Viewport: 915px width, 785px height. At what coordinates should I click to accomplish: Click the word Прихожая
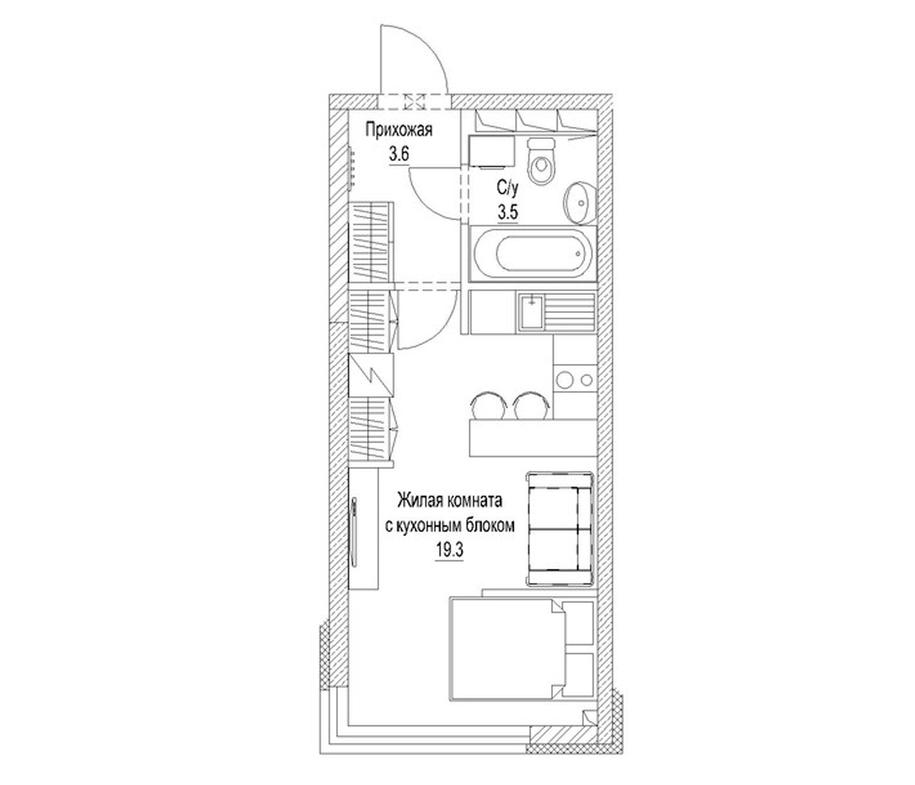pyautogui.click(x=399, y=131)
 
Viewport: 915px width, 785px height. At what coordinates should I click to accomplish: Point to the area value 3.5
pyautogui.click(x=508, y=213)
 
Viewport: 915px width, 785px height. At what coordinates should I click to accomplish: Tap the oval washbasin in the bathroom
pyautogui.click(x=580, y=203)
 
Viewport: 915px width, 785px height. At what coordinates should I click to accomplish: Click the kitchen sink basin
pyautogui.click(x=531, y=313)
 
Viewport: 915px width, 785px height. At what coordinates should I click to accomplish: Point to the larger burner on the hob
pyautogui.click(x=565, y=380)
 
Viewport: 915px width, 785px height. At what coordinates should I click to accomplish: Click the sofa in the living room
pyautogui.click(x=559, y=528)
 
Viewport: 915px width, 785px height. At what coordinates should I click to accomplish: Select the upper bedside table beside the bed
pyautogui.click(x=579, y=622)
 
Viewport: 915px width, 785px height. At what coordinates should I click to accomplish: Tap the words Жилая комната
pyautogui.click(x=450, y=501)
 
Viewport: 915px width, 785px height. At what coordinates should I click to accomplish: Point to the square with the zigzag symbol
pyautogui.click(x=370, y=375)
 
